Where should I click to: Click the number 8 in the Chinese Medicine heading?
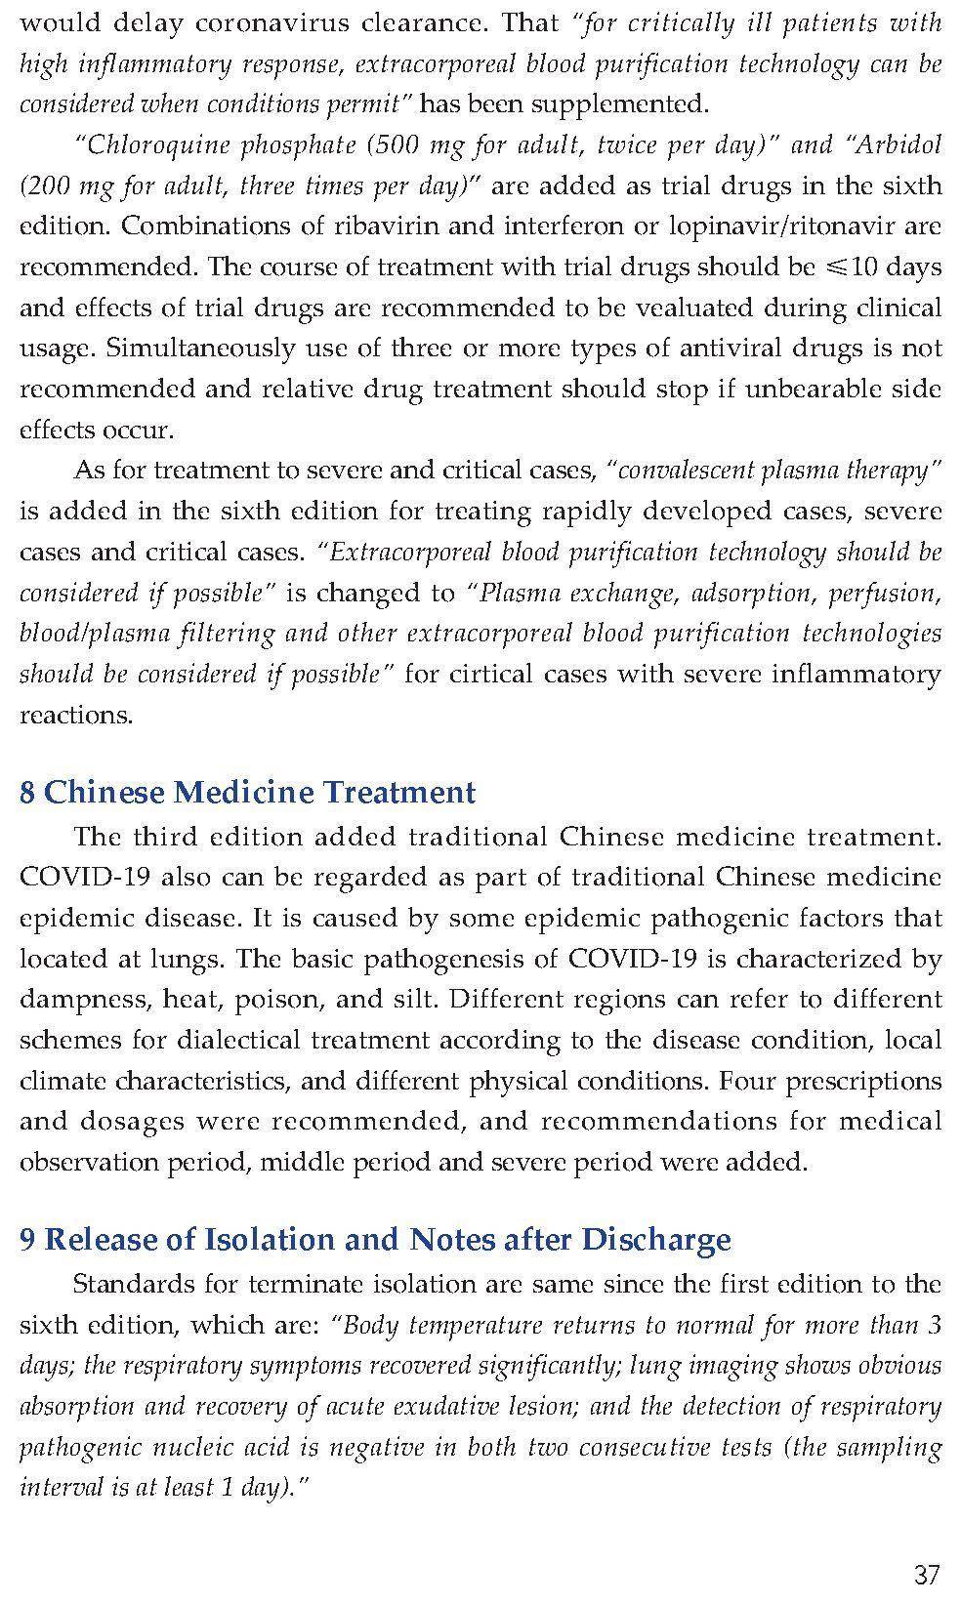tap(27, 792)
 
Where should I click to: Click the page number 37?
tap(927, 1574)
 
